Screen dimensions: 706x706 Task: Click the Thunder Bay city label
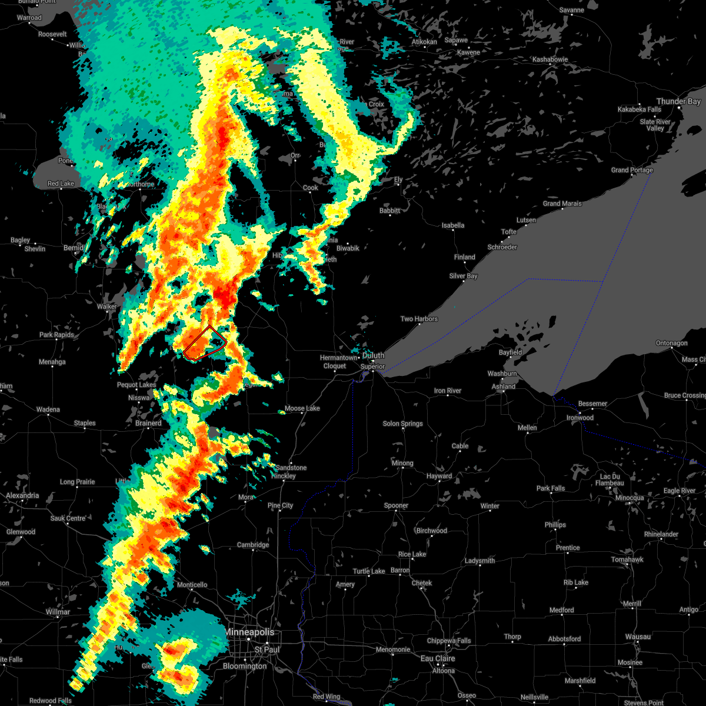(678, 102)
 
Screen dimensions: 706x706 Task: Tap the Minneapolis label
(249, 632)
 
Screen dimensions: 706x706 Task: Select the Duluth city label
(373, 355)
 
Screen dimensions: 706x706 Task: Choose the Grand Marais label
(562, 204)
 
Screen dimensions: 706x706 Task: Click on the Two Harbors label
(419, 319)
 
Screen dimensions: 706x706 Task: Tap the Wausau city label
(638, 637)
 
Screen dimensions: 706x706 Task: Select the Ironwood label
(580, 418)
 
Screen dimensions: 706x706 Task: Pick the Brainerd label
(148, 423)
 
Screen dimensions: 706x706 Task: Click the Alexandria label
(22, 495)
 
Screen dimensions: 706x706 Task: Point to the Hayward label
(439, 476)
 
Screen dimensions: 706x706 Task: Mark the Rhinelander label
(661, 534)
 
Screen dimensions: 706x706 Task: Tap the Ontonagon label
(671, 343)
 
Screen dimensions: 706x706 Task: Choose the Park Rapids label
(56, 335)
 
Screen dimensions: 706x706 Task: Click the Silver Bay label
(463, 276)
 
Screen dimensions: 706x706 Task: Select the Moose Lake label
(302, 408)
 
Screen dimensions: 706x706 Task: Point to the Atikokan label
(424, 42)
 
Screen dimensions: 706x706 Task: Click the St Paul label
(267, 650)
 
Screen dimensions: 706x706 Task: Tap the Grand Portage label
(632, 170)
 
